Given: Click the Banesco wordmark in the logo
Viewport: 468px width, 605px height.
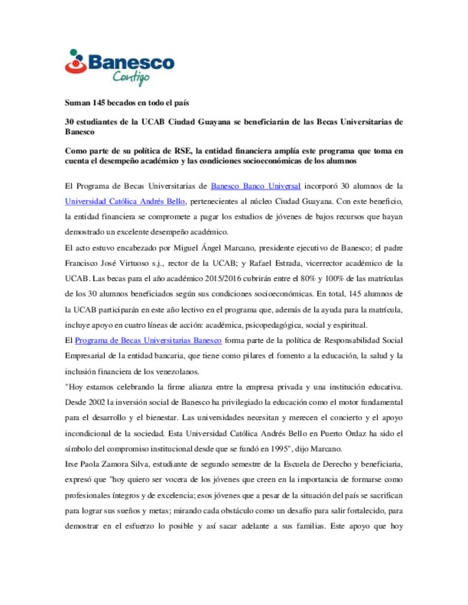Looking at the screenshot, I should point(131,62).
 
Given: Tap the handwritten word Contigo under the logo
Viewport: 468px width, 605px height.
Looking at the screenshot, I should point(131,77).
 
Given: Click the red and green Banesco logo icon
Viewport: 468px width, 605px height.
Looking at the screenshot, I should point(76,61).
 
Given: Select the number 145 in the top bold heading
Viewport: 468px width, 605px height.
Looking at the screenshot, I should point(99,103).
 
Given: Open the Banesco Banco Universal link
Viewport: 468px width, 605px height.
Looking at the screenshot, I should point(256,186).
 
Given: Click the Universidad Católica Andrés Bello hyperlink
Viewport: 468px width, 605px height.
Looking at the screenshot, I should point(125,201).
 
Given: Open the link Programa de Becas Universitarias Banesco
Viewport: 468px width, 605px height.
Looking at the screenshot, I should point(148,341).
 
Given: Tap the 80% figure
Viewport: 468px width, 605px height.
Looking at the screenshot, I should point(308,278).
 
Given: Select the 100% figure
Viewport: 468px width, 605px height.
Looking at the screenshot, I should point(334,278).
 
